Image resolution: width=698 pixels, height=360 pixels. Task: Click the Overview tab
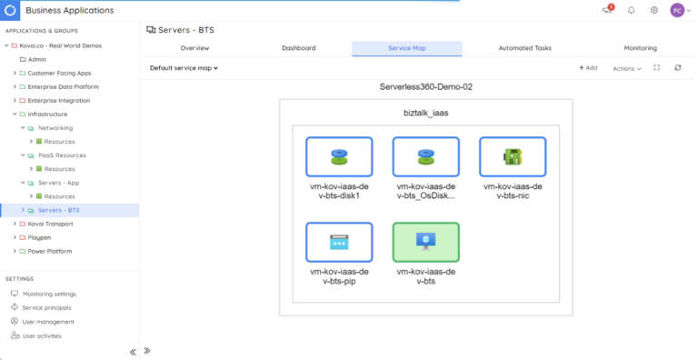pyautogui.click(x=194, y=47)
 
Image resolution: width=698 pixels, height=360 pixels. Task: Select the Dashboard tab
pyautogui.click(x=298, y=47)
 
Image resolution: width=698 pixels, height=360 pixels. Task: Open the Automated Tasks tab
pyautogui.click(x=524, y=47)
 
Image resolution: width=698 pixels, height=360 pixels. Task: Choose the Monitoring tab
pyautogui.click(x=641, y=47)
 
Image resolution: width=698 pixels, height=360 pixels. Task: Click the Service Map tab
pyautogui.click(x=406, y=47)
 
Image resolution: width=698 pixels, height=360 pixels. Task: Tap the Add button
pyautogui.click(x=588, y=68)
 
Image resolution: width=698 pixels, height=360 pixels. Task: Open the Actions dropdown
pyautogui.click(x=626, y=68)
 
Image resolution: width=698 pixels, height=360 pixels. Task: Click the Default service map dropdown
pyautogui.click(x=184, y=68)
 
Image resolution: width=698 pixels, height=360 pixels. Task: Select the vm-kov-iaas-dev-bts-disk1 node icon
pyautogui.click(x=338, y=156)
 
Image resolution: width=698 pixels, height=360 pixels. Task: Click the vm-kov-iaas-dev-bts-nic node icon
pyautogui.click(x=513, y=156)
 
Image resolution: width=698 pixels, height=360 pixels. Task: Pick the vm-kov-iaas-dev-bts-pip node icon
pyautogui.click(x=338, y=242)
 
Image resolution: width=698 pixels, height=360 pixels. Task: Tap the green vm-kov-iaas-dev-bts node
pyautogui.click(x=425, y=242)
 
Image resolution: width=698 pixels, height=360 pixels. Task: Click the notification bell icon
pyautogui.click(x=632, y=10)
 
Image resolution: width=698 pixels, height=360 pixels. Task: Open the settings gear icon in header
pyautogui.click(x=653, y=10)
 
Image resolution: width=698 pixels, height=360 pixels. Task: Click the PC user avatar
pyautogui.click(x=677, y=10)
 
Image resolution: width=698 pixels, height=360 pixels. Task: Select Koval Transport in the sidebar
pyautogui.click(x=51, y=224)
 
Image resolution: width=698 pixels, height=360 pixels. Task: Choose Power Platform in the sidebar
pyautogui.click(x=50, y=251)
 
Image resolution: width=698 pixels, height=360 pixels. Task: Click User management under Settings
pyautogui.click(x=48, y=322)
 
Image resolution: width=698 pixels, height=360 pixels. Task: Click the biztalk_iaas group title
pyautogui.click(x=425, y=115)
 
